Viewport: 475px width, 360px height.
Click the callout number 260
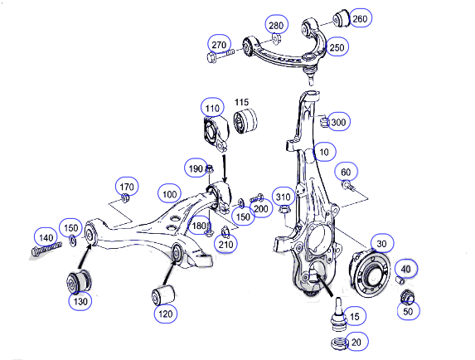[361, 18]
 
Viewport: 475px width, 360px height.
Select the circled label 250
[337, 47]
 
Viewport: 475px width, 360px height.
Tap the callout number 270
[219, 45]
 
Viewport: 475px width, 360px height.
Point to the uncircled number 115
[241, 102]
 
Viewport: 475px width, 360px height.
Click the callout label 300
[339, 122]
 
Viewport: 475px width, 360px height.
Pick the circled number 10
[324, 152]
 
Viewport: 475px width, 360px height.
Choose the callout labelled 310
[284, 197]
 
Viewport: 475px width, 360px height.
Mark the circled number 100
[170, 193]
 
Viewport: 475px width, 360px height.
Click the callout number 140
[46, 237]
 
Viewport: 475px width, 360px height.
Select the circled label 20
[356, 342]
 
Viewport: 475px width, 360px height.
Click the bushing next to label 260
[341, 18]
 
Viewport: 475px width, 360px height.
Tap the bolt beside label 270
[221, 55]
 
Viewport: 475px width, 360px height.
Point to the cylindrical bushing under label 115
[245, 121]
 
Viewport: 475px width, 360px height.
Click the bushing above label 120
[163, 294]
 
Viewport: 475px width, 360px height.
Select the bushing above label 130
[79, 282]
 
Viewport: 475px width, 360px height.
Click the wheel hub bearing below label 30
[371, 273]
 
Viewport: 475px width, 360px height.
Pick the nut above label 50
[408, 297]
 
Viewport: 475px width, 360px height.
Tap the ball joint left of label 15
[338, 314]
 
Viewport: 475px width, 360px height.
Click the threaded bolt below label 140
[46, 248]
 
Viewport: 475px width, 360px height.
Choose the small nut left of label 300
[324, 122]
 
